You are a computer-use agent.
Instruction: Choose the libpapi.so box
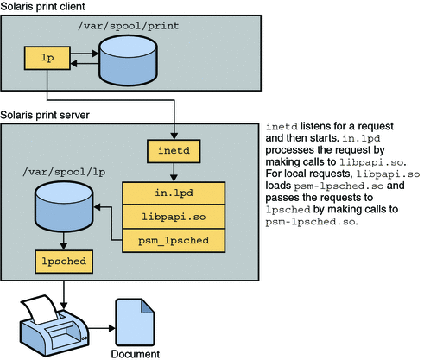click(174, 212)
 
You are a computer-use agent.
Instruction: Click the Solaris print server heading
click(45, 115)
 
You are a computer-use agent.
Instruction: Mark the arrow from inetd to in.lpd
click(174, 172)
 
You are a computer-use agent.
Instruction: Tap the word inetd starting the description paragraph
click(283, 127)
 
